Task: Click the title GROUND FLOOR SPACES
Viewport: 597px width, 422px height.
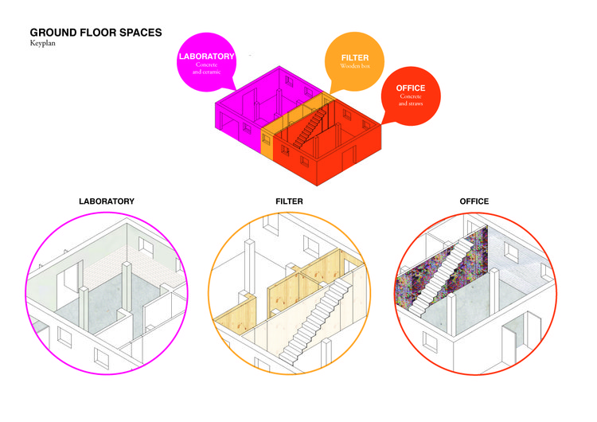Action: point(96,33)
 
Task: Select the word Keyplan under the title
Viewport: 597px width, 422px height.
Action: point(41,45)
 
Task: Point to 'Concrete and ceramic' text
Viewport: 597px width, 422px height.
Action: point(206,69)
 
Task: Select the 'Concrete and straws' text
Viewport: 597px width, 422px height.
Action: point(410,100)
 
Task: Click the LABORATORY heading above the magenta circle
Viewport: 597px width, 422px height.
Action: point(107,201)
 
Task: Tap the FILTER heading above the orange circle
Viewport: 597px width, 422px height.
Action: point(289,201)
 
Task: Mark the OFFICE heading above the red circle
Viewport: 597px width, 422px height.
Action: point(474,201)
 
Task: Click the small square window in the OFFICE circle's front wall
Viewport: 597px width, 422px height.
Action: point(431,342)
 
